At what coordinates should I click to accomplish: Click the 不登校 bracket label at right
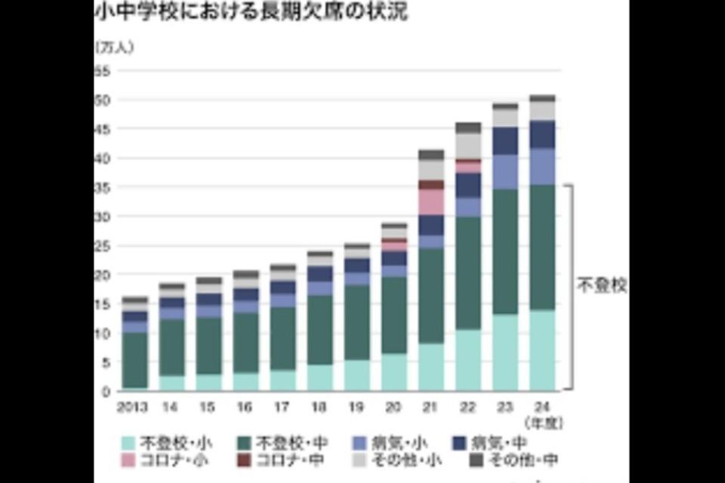point(602,287)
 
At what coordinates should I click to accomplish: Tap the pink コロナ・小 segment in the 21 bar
point(431,202)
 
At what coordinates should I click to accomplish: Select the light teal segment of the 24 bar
point(543,350)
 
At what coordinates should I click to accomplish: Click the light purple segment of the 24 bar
point(543,166)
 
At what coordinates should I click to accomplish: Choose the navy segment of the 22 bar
point(468,185)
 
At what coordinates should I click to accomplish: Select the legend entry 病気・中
point(504,442)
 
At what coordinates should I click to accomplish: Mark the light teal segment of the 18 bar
point(319,377)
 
